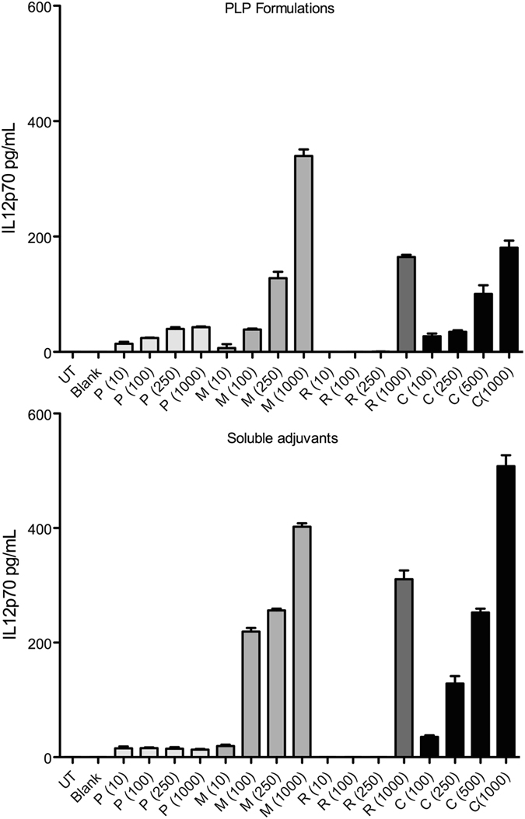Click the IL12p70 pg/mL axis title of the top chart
10,179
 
